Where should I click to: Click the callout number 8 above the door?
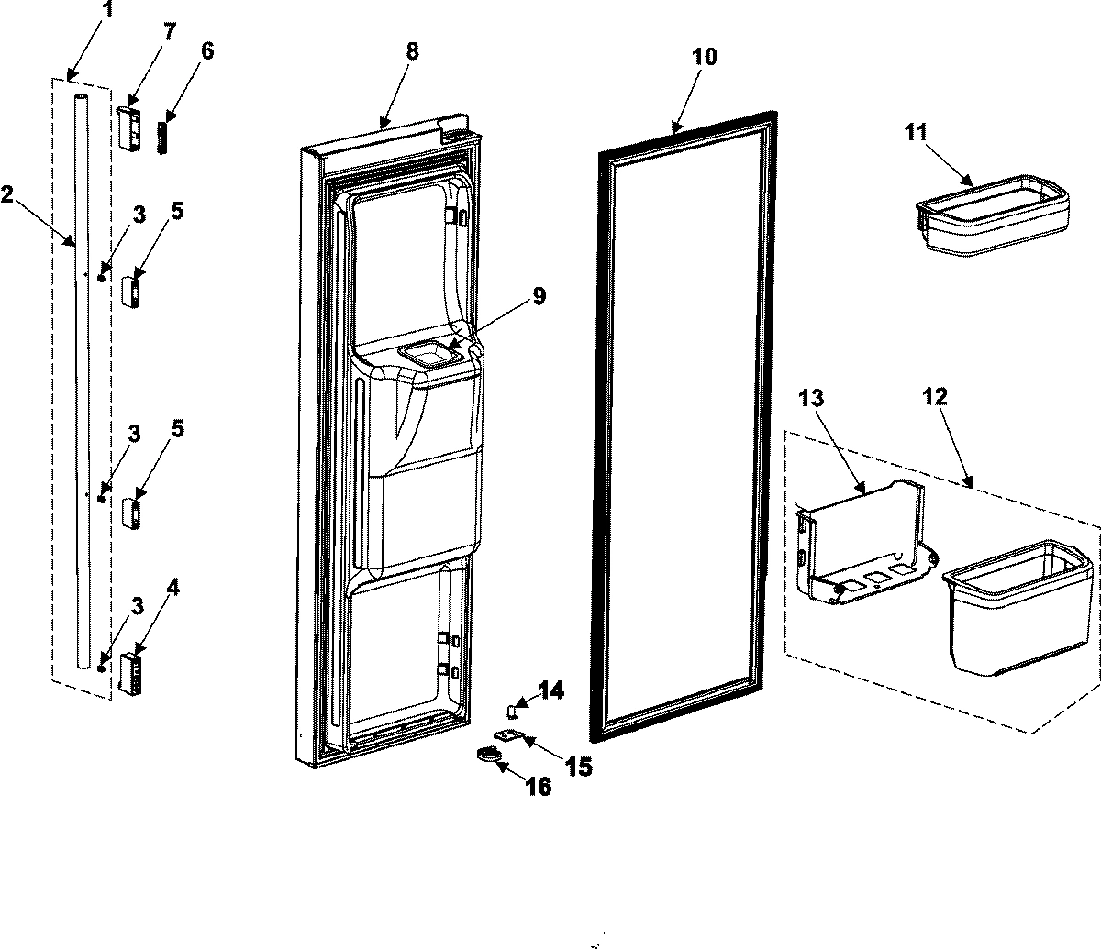[411, 51]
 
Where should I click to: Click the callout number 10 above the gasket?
[705, 57]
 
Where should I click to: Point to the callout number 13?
[811, 399]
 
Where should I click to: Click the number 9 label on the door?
[539, 296]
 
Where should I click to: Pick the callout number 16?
[539, 787]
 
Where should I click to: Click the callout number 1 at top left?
[109, 12]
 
